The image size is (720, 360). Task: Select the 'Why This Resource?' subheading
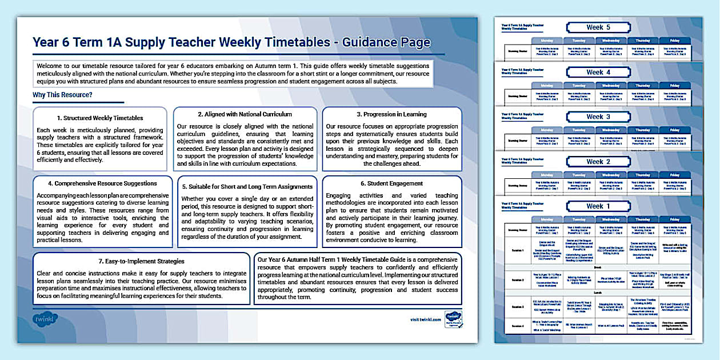tap(63, 94)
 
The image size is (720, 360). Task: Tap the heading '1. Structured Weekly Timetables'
tap(100, 118)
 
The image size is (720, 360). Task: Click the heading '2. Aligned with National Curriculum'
tap(245, 114)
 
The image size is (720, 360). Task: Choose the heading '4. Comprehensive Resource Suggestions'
tap(103, 183)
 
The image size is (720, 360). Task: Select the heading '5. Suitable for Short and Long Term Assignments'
tap(247, 186)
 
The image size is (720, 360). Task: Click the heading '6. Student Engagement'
tap(392, 183)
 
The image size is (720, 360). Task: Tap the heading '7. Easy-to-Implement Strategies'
tap(141, 261)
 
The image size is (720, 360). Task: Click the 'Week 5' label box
tap(598, 27)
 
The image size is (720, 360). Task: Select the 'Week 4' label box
tap(598, 73)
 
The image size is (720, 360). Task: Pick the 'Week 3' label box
tap(598, 117)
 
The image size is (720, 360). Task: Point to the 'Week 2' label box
tap(598, 162)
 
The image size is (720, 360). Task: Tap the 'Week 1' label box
tap(598, 206)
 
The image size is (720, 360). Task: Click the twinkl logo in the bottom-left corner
tap(46, 319)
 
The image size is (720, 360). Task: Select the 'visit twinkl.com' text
tap(426, 319)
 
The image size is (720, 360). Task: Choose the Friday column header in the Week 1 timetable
tap(675, 219)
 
